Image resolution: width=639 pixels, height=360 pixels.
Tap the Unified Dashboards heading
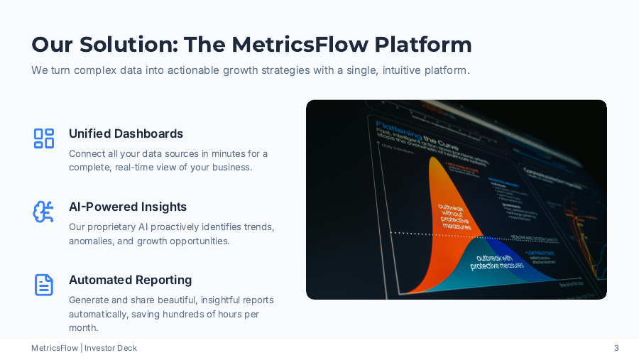126,133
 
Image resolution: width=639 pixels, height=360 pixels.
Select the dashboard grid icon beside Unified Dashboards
44,138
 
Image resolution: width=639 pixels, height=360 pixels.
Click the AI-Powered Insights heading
128,207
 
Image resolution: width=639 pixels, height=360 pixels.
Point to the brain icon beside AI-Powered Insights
44,212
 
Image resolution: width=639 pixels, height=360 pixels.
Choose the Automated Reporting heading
130,280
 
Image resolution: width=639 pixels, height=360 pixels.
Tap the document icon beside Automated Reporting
44,285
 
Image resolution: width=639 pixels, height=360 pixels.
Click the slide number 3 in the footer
616,348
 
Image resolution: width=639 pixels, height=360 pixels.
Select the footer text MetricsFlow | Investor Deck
84,348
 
